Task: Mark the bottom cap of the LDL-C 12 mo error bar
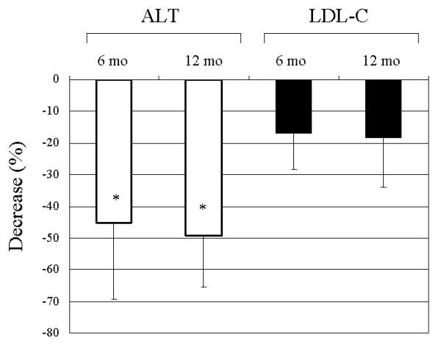[x=382, y=187]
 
